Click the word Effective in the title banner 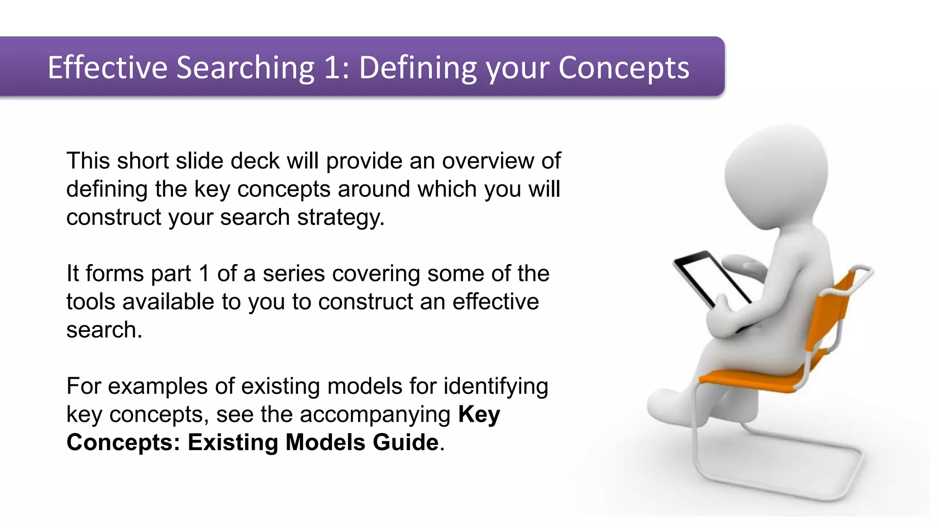(x=108, y=67)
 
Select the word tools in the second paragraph (x=94, y=302)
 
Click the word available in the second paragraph (x=172, y=302)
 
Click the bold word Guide (x=406, y=442)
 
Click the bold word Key (x=479, y=415)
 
